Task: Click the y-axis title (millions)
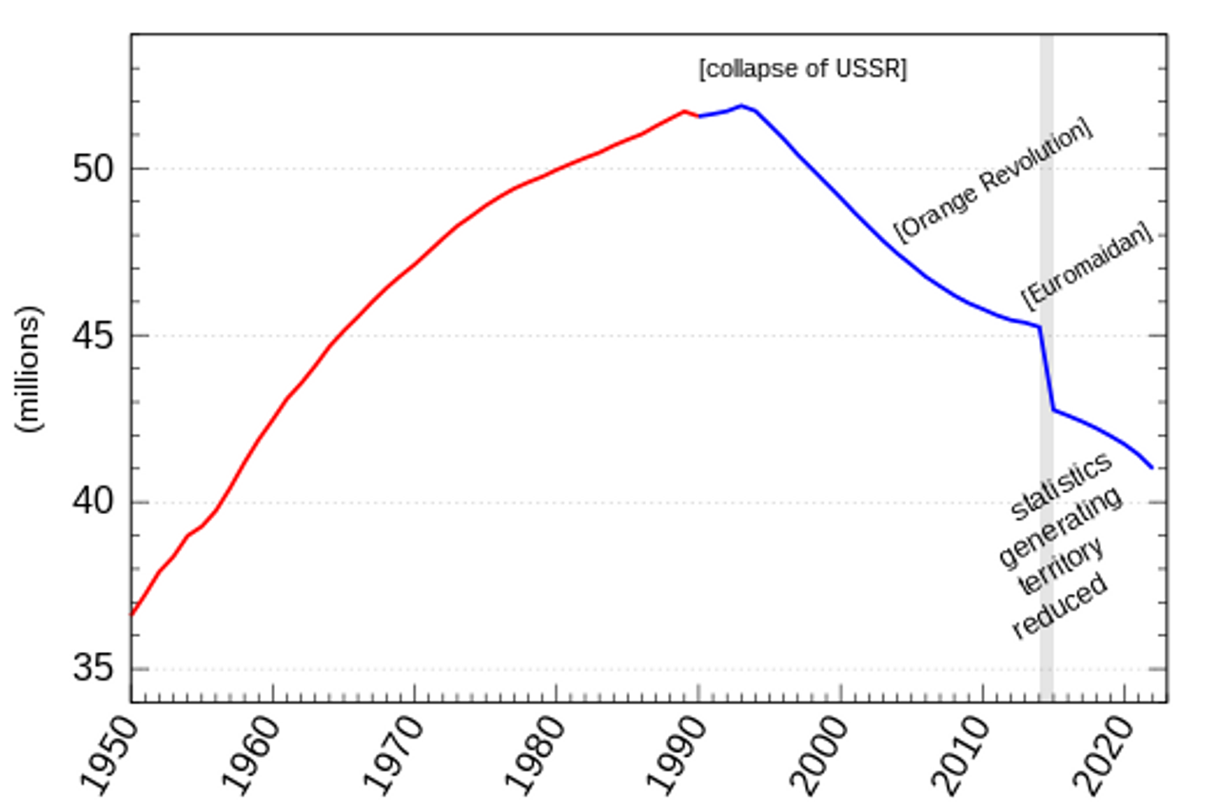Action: (x=31, y=369)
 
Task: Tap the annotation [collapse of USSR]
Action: (x=802, y=69)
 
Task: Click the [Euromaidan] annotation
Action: (x=1087, y=266)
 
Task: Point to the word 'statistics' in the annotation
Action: (x=1060, y=486)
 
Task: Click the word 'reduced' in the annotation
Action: (x=1060, y=606)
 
